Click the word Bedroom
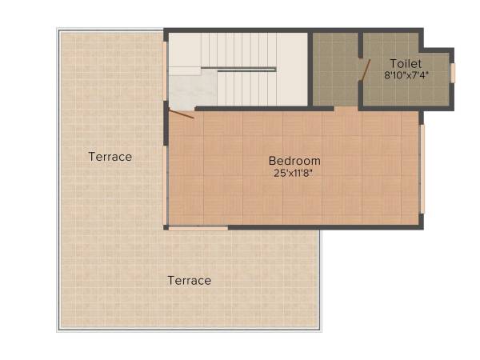click(294, 161)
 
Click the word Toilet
click(406, 63)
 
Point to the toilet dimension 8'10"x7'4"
click(406, 76)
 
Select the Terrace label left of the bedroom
click(110, 157)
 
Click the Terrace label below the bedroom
click(190, 281)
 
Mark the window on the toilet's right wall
click(453, 73)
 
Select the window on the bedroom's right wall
click(422, 168)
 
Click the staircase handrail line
click(246, 70)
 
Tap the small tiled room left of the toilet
click(334, 69)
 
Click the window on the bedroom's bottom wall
click(198, 228)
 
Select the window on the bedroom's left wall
click(166, 184)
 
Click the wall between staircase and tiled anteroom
click(310, 69)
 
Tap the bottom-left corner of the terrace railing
click(58, 329)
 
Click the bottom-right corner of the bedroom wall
click(421, 227)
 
